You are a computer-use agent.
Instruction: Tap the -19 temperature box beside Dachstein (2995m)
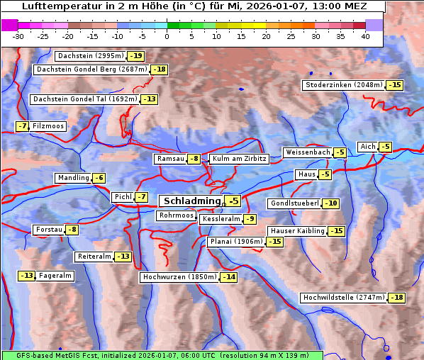(135, 56)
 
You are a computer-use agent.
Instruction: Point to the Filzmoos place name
(48, 126)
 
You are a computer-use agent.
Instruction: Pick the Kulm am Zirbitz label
(239, 159)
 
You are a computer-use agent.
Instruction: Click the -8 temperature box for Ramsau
(194, 159)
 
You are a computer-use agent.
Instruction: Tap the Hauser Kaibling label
(297, 231)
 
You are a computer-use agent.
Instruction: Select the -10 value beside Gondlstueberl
(330, 204)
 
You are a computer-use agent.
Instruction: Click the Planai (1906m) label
(236, 242)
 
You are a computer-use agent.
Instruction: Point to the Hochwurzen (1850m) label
(179, 277)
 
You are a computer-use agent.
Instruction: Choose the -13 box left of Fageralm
(27, 276)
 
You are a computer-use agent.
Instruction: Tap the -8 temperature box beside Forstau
(72, 230)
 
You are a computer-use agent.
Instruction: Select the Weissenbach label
(307, 152)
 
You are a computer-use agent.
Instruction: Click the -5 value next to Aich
(385, 147)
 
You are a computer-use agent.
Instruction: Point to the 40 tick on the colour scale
(365, 36)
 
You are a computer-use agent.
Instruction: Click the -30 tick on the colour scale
(18, 36)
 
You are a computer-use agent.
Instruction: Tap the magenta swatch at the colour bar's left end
(10, 25)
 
